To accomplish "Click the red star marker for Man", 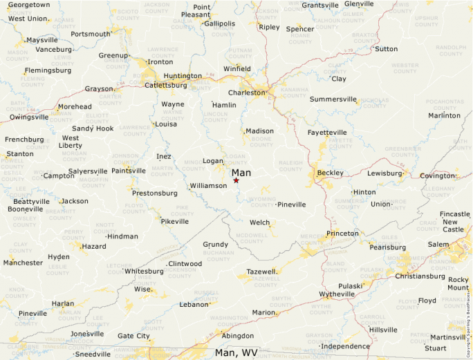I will pos(236,180).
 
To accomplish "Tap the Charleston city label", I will pos(247,92).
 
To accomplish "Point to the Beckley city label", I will pos(330,172).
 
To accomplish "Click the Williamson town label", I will pos(208,186).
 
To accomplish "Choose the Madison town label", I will pos(259,131).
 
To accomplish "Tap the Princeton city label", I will pos(343,234).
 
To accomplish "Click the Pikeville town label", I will pos(174,222).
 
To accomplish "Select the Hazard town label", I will pos(93,247).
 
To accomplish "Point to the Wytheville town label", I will pos(337,294).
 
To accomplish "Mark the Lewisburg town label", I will pos(384,173).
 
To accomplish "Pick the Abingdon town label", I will pos(237,336).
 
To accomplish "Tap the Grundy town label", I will pos(215,245).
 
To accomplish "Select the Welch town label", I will pos(259,222).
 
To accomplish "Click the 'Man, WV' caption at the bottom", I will pos(236,352).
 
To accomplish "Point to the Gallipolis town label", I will pos(219,23).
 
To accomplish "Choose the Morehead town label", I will pos(74,106).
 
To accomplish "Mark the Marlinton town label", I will pos(444,115).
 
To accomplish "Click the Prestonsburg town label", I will pos(155,193).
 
